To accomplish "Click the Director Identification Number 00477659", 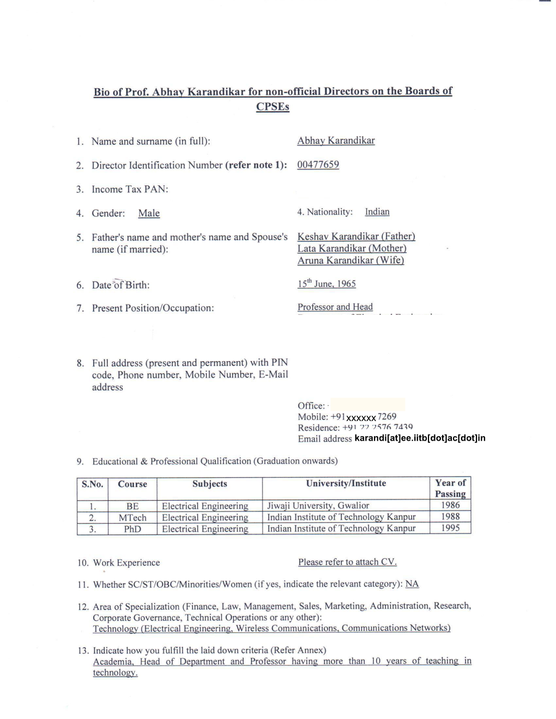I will [318, 164].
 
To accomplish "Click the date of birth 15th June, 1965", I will [327, 284].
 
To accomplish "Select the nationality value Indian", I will [377, 212].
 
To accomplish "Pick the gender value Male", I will [149, 214].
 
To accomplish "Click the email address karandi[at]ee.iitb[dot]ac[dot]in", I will [419, 438].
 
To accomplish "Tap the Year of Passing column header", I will [450, 488].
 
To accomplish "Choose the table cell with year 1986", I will [450, 505].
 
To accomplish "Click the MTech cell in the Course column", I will [132, 518].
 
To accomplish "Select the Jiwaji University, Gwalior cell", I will [318, 506].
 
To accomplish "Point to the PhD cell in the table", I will [132, 529].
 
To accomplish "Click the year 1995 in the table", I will [450, 528].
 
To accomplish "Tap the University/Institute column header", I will [346, 484].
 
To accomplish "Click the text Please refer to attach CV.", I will [347, 562].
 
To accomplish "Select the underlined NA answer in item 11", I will [412, 584].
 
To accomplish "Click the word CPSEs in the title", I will [273, 107].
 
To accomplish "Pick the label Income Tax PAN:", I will [130, 190].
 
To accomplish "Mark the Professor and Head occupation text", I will [335, 307].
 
